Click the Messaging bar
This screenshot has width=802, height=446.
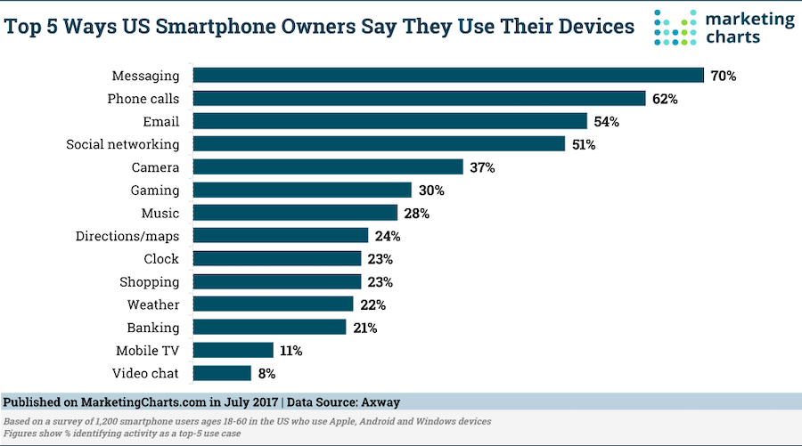pyautogui.click(x=449, y=76)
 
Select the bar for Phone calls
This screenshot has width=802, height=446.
pyautogui.click(x=420, y=99)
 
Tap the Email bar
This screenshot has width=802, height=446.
pyautogui.click(x=390, y=121)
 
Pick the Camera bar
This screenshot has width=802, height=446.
pyautogui.click(x=329, y=167)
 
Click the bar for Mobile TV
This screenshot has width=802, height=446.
pyautogui.click(x=233, y=350)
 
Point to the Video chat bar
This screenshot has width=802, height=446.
pyautogui.click(x=223, y=373)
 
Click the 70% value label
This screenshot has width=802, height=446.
pyautogui.click(x=724, y=76)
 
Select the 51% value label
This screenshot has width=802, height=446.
pyautogui.click(x=583, y=144)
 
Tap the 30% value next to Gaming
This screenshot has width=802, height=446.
pyautogui.click(x=430, y=190)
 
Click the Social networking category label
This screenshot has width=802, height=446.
pyautogui.click(x=123, y=144)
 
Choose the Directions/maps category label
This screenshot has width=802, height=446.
pyautogui.click(x=127, y=236)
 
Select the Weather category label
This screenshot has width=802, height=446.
pyautogui.click(x=153, y=304)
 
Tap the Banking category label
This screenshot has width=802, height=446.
pyautogui.click(x=153, y=328)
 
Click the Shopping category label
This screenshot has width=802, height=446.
pyautogui.click(x=149, y=281)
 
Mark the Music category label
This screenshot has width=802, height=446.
pyautogui.click(x=160, y=213)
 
